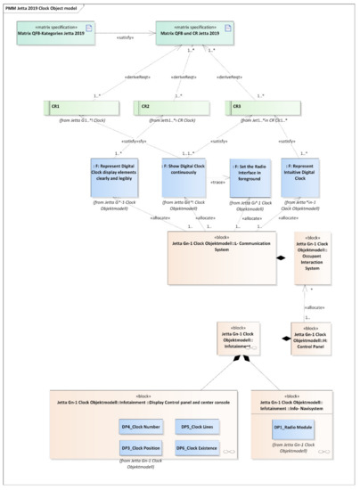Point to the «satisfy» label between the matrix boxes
[x=125, y=37]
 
